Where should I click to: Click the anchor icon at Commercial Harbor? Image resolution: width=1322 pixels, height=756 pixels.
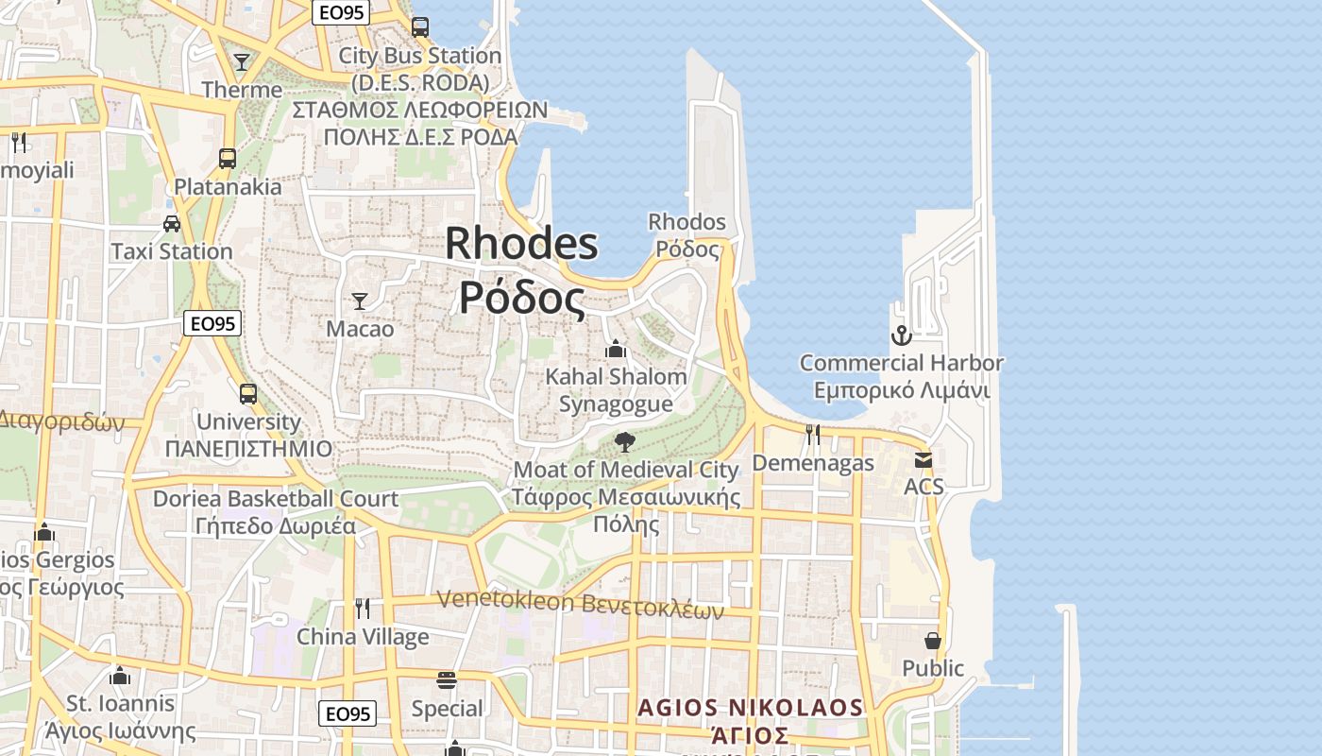click(902, 335)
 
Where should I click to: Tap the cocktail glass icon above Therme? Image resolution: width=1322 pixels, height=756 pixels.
click(242, 62)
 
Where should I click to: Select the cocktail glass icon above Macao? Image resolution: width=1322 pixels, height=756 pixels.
click(360, 301)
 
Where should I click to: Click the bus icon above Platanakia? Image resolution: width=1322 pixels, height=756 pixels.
click(228, 159)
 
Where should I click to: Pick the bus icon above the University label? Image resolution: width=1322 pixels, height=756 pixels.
click(247, 394)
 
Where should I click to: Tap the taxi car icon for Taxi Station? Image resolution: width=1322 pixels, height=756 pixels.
click(172, 224)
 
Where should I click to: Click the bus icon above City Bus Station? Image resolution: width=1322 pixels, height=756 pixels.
click(420, 27)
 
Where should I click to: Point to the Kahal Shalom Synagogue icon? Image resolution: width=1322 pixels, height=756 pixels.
click(616, 349)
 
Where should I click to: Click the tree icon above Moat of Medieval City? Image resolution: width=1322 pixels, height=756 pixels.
click(624, 441)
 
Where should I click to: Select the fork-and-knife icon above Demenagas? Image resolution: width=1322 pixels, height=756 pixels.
click(812, 435)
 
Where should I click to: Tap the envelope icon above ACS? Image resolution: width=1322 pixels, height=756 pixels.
click(923, 460)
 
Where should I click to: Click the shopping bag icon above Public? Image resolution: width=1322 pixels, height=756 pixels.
click(933, 641)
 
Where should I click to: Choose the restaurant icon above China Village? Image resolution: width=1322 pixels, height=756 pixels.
click(362, 608)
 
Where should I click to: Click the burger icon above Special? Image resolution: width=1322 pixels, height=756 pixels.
click(447, 680)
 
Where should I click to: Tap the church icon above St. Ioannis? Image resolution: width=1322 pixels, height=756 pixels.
click(119, 676)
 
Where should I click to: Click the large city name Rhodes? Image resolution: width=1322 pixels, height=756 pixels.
click(521, 244)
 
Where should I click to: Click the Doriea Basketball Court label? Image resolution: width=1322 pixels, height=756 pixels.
click(276, 498)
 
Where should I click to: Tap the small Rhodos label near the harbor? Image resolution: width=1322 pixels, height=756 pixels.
click(686, 223)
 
